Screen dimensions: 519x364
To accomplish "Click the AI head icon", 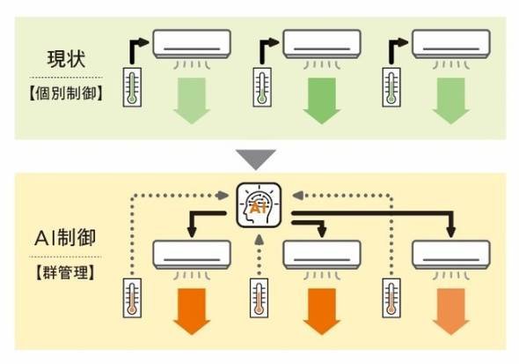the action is (259, 205).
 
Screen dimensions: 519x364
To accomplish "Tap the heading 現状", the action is (67, 60).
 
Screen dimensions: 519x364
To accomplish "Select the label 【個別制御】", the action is (66, 93).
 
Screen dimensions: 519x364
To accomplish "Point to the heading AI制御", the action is (65, 238).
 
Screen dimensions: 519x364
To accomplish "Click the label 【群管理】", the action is (65, 273).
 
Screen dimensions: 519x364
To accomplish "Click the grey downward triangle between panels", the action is (255, 160).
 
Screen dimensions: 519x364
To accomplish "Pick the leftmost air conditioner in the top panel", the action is (192, 44).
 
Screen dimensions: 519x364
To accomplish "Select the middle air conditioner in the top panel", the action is (322, 44).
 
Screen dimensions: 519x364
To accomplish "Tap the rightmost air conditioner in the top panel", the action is (450, 44).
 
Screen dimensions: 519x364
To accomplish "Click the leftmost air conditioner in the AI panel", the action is (192, 255).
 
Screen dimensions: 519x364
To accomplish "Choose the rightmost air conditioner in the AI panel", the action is (450, 255).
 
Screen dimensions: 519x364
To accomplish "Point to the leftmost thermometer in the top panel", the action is (132, 87).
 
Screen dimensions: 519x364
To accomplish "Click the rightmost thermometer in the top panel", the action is (391, 87).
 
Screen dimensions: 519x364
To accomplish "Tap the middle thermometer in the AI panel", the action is (259, 298).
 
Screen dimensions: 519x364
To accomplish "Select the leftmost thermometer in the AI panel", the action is (132, 298).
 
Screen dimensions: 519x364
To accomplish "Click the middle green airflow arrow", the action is (322, 100).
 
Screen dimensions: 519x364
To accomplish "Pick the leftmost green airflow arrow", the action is (192, 100).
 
